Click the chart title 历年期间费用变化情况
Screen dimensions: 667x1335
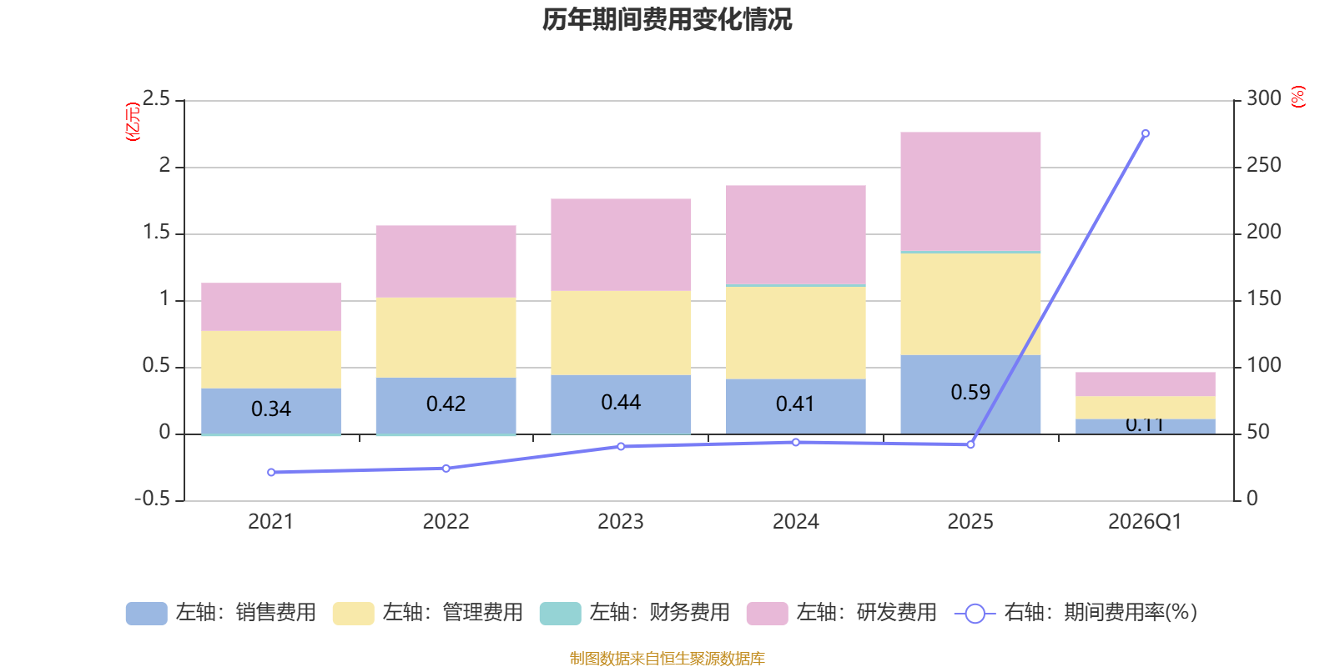[x=667, y=19]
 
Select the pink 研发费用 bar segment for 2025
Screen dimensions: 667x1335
[x=970, y=191]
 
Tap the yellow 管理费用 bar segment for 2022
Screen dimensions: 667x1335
[x=446, y=337]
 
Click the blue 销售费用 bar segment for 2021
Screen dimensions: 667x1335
[x=270, y=409]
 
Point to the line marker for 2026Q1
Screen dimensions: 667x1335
[x=1145, y=133]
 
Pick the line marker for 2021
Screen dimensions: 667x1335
[x=271, y=473]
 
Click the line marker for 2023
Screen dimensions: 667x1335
[x=621, y=447]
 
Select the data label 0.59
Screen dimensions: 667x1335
[x=970, y=392]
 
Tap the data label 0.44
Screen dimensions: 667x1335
[x=621, y=403]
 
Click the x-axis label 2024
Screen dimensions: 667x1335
[x=795, y=522]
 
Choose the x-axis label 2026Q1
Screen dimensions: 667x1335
[x=1145, y=522]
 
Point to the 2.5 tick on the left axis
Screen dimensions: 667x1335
[x=156, y=99]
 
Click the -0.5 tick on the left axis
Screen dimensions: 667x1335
[x=152, y=499]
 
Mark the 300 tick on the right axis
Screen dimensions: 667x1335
[x=1263, y=99]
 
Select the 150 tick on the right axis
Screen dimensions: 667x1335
[x=1263, y=298]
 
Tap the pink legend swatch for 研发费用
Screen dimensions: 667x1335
[x=767, y=614]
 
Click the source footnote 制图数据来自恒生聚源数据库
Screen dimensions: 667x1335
[x=667, y=659]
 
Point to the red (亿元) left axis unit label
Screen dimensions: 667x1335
[x=132, y=122]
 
